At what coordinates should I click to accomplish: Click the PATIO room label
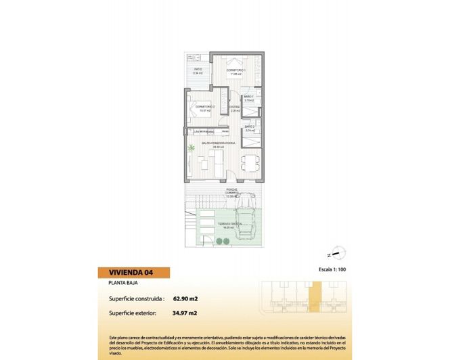[x=198, y=70]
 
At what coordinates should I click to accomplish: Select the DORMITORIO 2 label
[x=204, y=107]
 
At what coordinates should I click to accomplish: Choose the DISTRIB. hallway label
[x=233, y=108]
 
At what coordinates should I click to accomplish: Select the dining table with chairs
[x=249, y=162]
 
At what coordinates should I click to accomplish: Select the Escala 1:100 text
[x=332, y=269]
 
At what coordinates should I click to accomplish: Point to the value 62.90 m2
[x=185, y=298]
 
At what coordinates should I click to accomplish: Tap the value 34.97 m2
[x=185, y=313]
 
